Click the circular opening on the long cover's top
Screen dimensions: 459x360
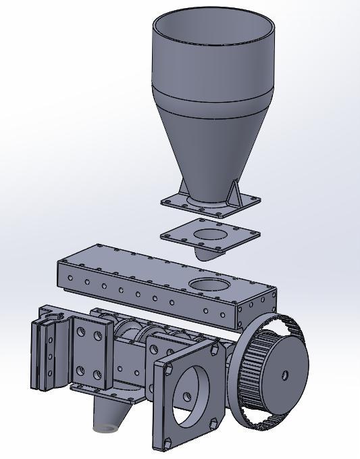coord(211,284)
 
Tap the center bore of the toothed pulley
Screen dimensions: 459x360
coord(285,375)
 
